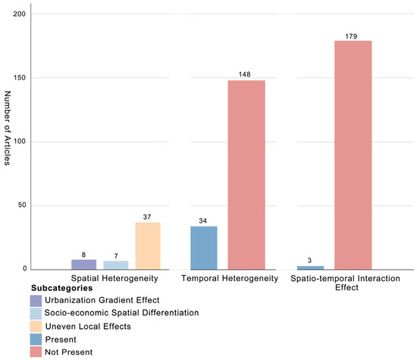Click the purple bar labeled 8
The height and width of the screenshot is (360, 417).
click(83, 265)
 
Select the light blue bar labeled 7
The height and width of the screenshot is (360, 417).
click(116, 265)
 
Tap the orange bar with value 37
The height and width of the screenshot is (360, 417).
click(148, 246)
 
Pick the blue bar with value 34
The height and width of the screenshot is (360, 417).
click(204, 248)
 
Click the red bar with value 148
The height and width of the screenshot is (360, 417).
click(246, 175)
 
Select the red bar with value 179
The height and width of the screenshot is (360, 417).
click(353, 155)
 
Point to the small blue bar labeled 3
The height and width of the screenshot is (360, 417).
click(310, 268)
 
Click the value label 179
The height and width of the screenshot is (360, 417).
click(351, 36)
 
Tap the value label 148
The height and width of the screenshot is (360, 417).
click(244, 74)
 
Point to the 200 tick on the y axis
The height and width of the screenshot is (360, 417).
click(20, 14)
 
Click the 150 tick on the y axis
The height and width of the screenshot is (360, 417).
click(20, 77)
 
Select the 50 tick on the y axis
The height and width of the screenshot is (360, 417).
click(22, 205)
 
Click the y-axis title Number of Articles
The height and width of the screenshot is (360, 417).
click(8, 128)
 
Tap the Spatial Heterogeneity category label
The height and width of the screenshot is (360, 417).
click(114, 278)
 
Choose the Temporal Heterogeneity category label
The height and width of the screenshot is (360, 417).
click(230, 278)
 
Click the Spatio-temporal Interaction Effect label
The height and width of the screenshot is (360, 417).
click(346, 283)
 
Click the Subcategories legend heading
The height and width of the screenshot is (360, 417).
click(62, 288)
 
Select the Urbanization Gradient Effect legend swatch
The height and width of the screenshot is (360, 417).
click(36, 301)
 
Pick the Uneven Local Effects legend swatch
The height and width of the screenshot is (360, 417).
click(36, 327)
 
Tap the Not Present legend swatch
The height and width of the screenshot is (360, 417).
click(36, 352)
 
